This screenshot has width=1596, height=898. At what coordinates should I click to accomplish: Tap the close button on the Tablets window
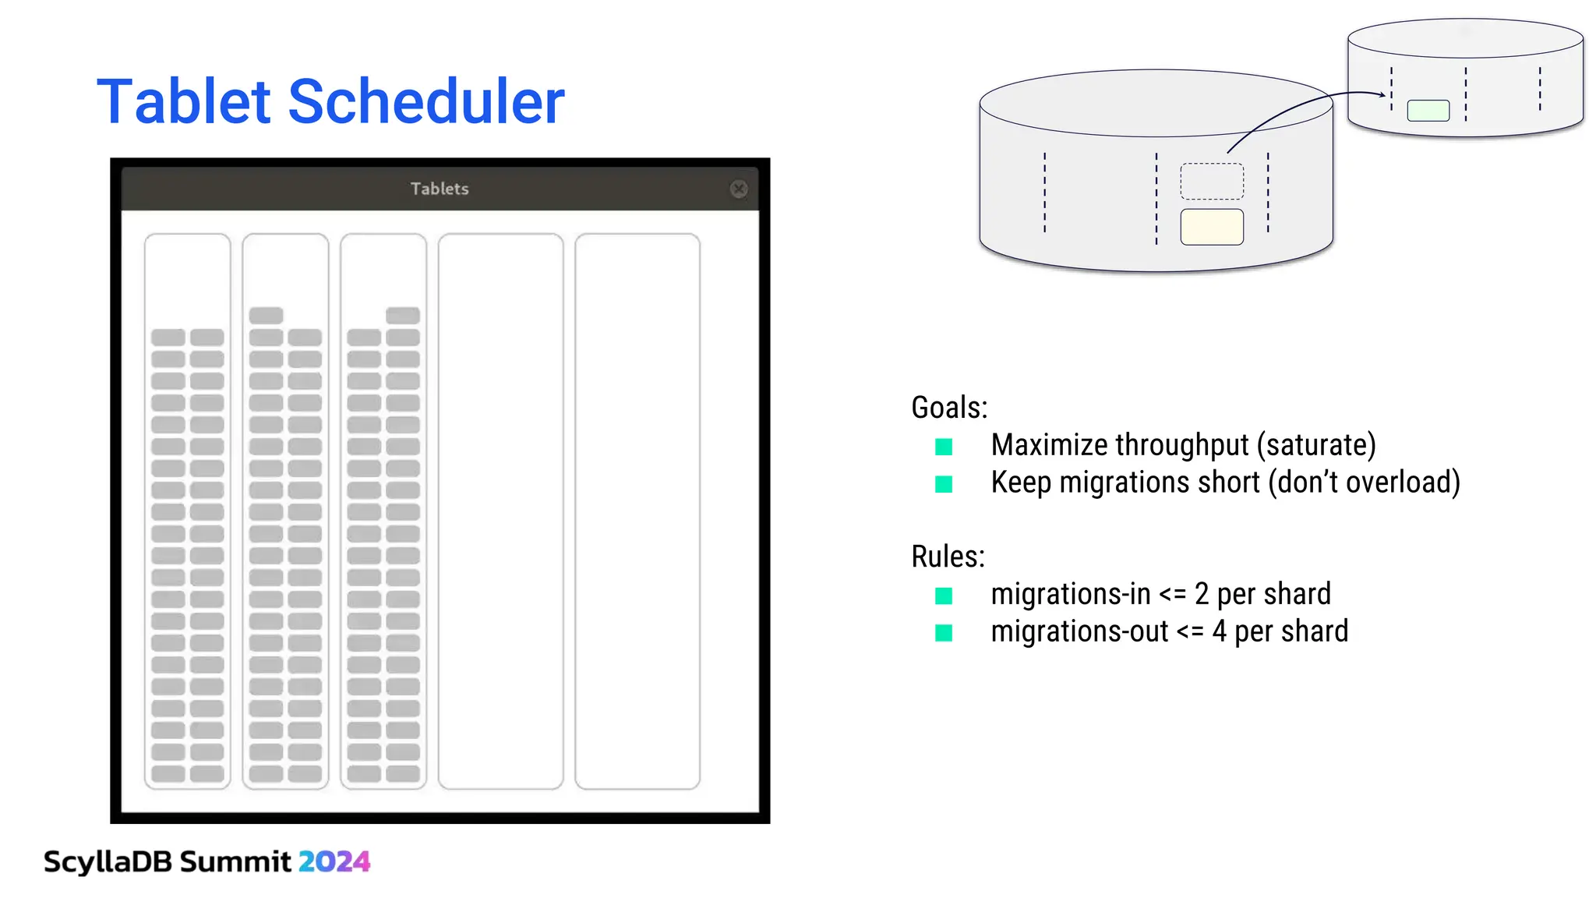click(x=739, y=189)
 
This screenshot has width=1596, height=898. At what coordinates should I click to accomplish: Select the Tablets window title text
click(x=440, y=189)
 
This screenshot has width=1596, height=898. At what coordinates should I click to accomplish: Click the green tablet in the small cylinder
click(x=1428, y=111)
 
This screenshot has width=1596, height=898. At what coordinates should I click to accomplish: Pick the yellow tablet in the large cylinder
click(x=1211, y=227)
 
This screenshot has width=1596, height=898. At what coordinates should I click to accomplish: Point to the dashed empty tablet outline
click(x=1211, y=182)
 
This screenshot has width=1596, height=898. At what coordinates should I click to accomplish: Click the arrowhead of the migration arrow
click(x=1382, y=94)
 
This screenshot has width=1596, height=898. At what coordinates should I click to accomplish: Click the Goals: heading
click(x=949, y=408)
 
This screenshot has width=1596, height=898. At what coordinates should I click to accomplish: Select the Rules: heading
click(x=948, y=557)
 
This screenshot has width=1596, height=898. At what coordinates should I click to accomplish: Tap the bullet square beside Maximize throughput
click(x=944, y=447)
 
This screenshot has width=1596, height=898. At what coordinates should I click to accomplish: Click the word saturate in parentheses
click(x=1316, y=445)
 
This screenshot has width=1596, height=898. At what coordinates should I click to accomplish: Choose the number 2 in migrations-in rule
click(x=1201, y=595)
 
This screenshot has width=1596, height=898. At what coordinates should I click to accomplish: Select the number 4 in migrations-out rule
click(x=1219, y=631)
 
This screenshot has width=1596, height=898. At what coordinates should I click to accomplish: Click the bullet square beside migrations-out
click(x=944, y=633)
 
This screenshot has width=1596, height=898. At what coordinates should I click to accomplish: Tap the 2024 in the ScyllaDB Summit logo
click(x=334, y=861)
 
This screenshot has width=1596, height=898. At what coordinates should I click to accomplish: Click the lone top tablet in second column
click(x=266, y=316)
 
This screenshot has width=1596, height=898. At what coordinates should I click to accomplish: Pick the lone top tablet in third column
click(x=403, y=316)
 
